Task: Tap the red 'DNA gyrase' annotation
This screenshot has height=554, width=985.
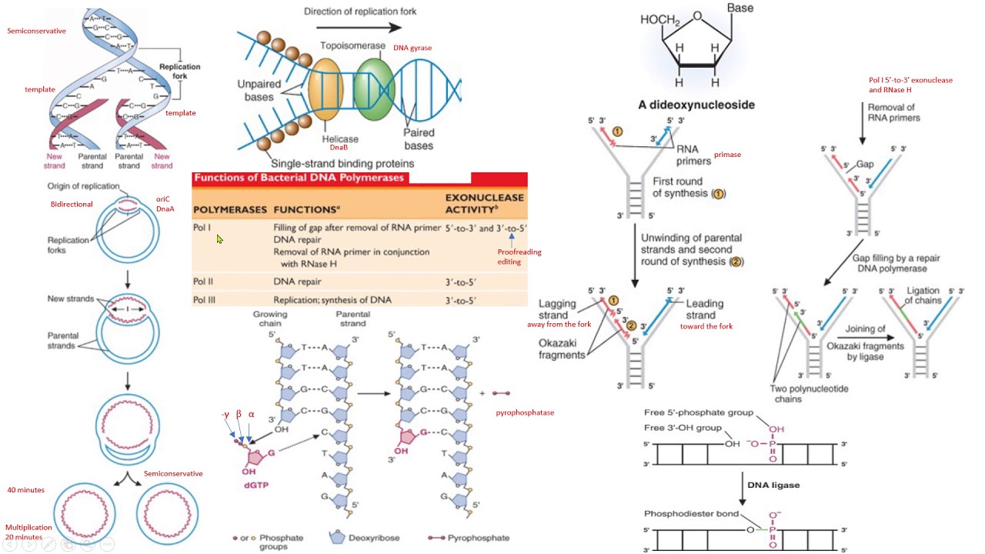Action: tap(412, 48)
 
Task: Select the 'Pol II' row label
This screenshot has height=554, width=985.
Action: tap(204, 282)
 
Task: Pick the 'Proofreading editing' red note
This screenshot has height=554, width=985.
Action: tap(519, 256)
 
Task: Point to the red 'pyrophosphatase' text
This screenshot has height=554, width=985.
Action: tap(525, 412)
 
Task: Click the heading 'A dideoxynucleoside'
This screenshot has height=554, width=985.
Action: tap(696, 105)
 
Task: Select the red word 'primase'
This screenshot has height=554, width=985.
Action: tap(727, 155)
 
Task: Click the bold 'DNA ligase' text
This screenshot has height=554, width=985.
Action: tap(773, 485)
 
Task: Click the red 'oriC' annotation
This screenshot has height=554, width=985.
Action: tap(162, 199)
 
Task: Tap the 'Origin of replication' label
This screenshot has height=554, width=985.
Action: tap(83, 186)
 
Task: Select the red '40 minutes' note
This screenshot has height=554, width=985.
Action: tap(25, 490)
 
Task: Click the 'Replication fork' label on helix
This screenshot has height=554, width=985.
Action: tap(179, 72)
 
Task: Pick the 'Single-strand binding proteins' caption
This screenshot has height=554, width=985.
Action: tap(342, 163)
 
